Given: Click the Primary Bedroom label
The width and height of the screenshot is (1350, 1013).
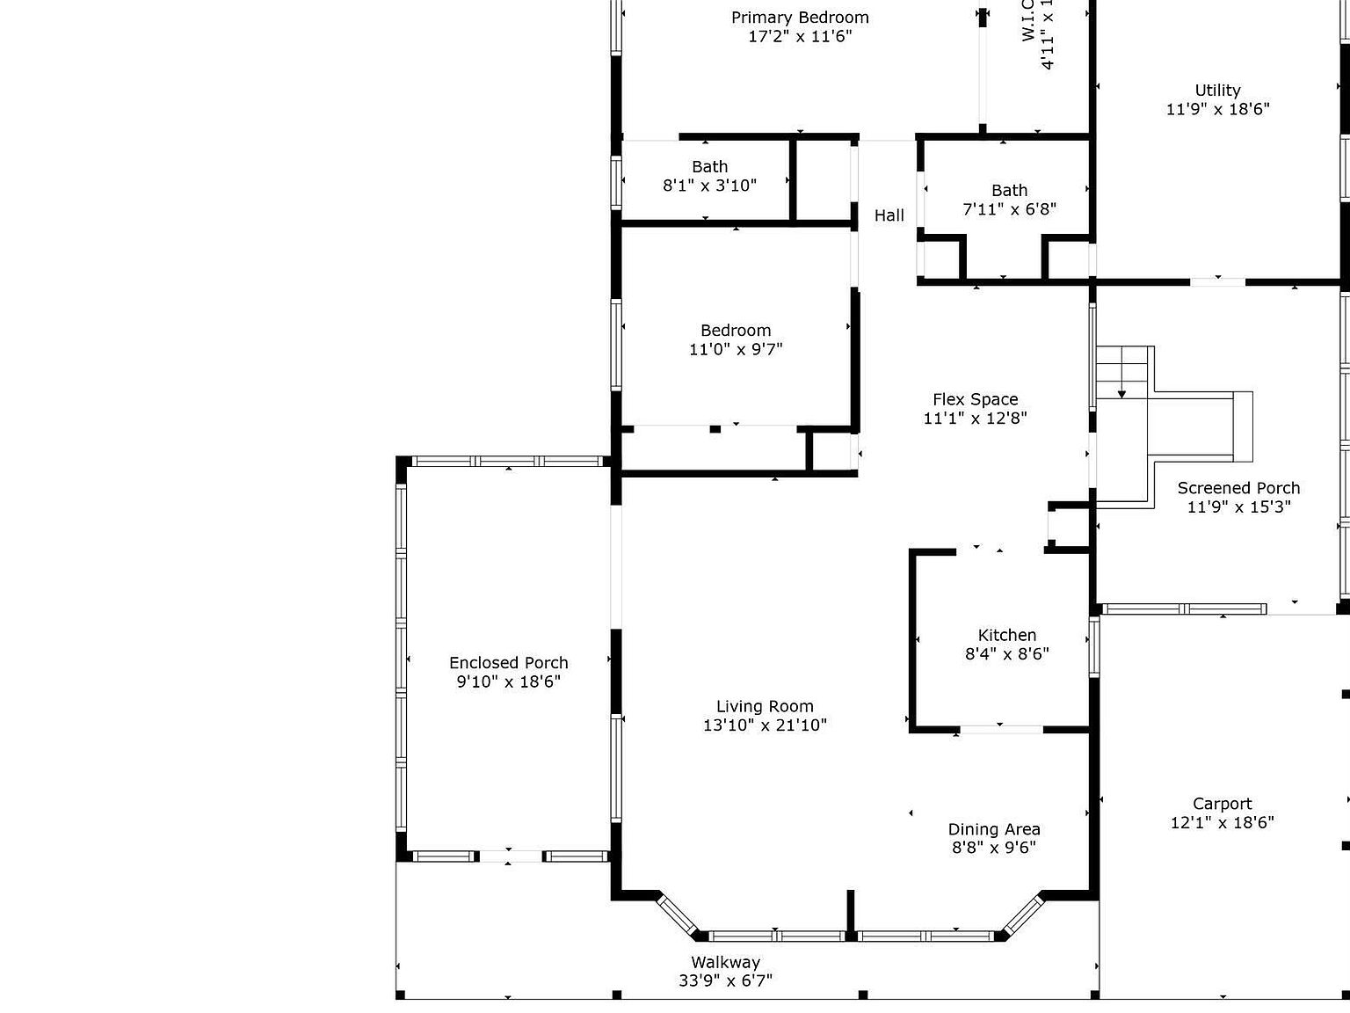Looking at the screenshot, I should coord(800,18).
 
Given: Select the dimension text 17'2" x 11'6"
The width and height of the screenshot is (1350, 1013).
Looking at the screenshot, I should coord(800,37).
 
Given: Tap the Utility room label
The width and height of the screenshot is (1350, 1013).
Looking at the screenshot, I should coord(1217,91).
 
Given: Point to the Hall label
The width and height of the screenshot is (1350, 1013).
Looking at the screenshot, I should coord(889,215).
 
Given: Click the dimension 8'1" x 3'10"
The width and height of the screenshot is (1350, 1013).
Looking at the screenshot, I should coord(709,186).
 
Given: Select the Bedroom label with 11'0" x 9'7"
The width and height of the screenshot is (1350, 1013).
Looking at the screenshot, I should coord(736,331).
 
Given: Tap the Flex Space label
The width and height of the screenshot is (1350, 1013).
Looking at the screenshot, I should coord(975,399).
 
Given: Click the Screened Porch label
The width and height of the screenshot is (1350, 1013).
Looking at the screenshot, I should coord(1238,488).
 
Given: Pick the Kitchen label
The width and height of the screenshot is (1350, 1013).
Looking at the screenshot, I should coord(1006,635).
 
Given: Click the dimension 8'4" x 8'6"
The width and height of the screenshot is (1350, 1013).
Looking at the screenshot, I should coord(1006,654).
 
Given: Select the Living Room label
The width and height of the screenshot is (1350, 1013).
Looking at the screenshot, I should coord(765,706).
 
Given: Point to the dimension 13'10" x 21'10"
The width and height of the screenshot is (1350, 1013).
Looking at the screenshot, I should coord(765,725).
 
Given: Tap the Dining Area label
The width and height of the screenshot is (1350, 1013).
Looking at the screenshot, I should coord(993,829).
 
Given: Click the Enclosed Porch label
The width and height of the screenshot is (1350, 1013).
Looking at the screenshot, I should coord(508,663).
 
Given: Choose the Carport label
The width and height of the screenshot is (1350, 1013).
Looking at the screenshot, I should coord(1222,804).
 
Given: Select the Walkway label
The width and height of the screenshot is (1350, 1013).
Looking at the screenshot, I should coord(725,962).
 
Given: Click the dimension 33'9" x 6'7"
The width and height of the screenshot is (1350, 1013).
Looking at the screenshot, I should coord(725,980).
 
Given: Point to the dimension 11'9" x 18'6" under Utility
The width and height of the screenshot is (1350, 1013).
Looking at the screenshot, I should coord(1217,110).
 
